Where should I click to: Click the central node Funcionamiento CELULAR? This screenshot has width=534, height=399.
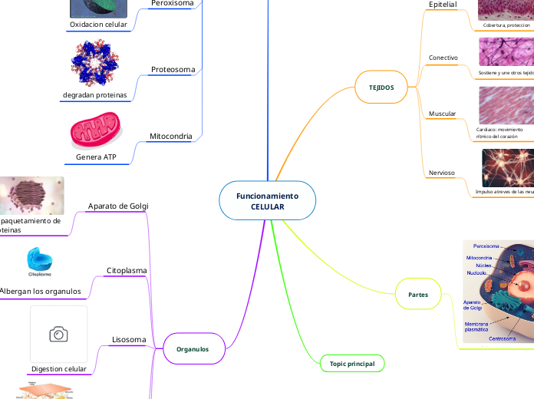pos(267,202)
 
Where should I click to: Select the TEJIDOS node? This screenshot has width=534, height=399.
pos(381,87)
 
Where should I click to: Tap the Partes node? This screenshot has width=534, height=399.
pos(418,295)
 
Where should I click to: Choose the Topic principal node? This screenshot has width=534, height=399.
pos(351,363)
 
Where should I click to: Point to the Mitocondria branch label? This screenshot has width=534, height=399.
pos(170,137)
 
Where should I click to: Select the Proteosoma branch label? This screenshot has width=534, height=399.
pos(173,69)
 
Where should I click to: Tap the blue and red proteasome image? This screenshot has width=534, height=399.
pos(95,64)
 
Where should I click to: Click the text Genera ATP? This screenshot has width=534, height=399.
pos(96,157)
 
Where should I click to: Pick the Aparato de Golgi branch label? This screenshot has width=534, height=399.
pos(118,206)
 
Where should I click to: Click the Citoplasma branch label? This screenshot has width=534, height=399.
pos(127,270)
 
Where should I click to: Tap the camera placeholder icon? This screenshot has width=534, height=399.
pos(58,334)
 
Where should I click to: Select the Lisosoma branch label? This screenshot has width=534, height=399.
pos(129,339)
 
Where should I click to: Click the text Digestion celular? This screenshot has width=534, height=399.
pos(58,369)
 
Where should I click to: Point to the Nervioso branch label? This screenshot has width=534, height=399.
pos(442,173)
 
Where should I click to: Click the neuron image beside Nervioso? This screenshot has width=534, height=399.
pos(507,167)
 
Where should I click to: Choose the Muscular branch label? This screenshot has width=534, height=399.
pos(442,114)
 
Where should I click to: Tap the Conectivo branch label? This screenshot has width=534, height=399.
pos(443,58)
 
